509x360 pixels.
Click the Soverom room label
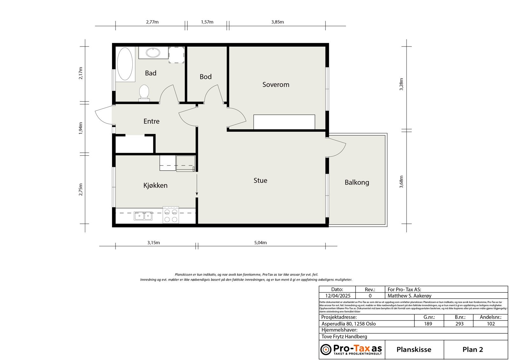point(275,85)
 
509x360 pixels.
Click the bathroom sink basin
point(153,53)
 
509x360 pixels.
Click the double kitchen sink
point(143,216)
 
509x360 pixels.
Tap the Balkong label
point(357,182)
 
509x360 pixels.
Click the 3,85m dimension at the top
point(277,22)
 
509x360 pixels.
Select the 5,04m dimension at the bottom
point(260,243)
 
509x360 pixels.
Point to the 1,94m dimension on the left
point(80,128)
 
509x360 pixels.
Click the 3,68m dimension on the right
point(401,182)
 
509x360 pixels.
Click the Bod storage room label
point(206,77)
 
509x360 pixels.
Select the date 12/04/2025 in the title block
point(336,296)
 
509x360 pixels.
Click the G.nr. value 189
point(428,324)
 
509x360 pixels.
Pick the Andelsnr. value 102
point(491,324)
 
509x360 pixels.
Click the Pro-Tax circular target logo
point(326,349)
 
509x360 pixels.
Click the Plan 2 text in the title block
point(472,349)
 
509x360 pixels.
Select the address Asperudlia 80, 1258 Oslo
point(348,324)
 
